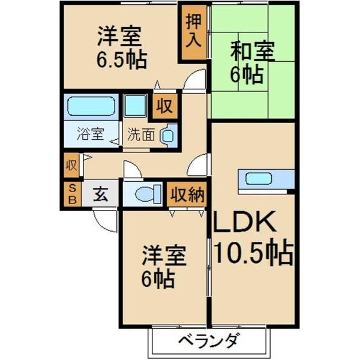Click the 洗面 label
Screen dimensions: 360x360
tap(140, 134)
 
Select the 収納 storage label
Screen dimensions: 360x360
tap(187, 194)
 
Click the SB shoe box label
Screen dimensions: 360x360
tap(71, 194)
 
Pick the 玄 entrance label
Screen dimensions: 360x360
tap(100, 194)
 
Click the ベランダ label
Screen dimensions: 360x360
tap(208, 342)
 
